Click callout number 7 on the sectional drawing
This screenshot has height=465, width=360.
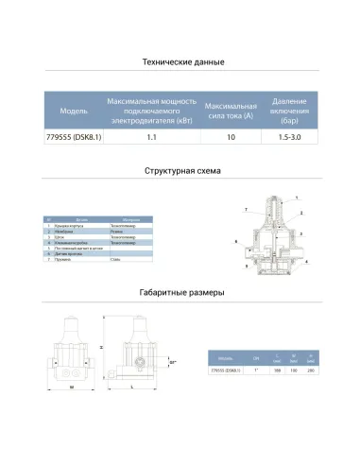(x=245, y=207)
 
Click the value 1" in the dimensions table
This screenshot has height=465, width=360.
(x=255, y=370)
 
